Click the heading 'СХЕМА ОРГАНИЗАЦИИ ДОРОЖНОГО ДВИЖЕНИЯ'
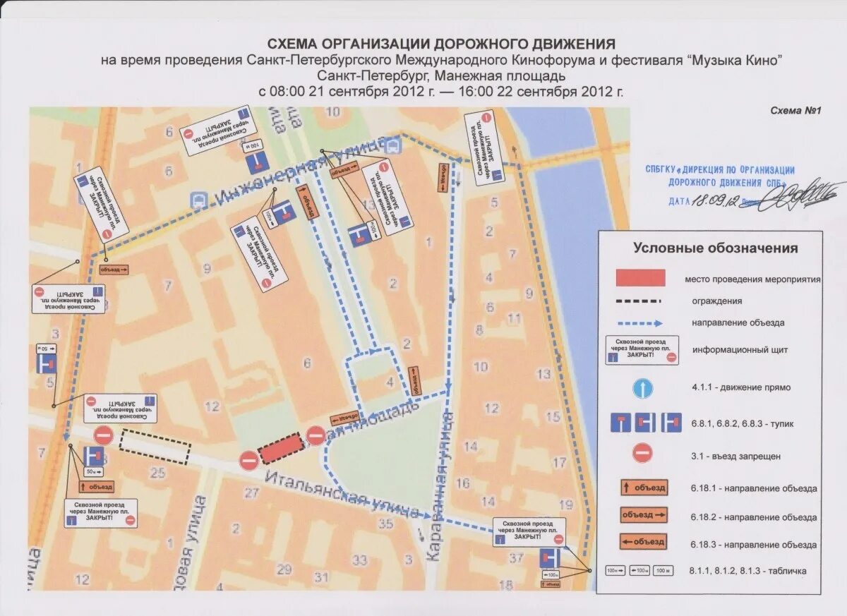(x=438, y=44)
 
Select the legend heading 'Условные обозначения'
(x=715, y=248)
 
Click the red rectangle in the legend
(x=641, y=277)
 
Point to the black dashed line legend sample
(x=639, y=301)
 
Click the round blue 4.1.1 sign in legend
(x=642, y=388)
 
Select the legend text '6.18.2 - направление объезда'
(x=753, y=517)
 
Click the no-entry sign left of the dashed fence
(x=104, y=435)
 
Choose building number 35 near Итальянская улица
(x=385, y=524)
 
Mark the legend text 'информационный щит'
(x=740, y=350)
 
